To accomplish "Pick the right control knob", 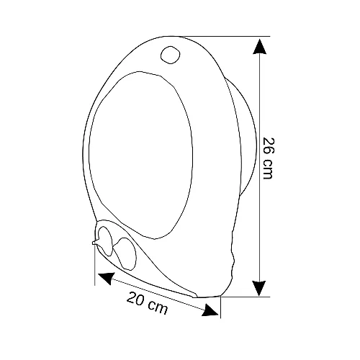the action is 125,253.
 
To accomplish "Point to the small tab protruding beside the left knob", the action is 95,242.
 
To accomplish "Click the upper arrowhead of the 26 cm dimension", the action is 259,47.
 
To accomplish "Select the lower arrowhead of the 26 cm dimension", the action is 259,288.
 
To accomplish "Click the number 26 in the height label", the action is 268,147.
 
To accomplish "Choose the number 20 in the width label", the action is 136,298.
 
